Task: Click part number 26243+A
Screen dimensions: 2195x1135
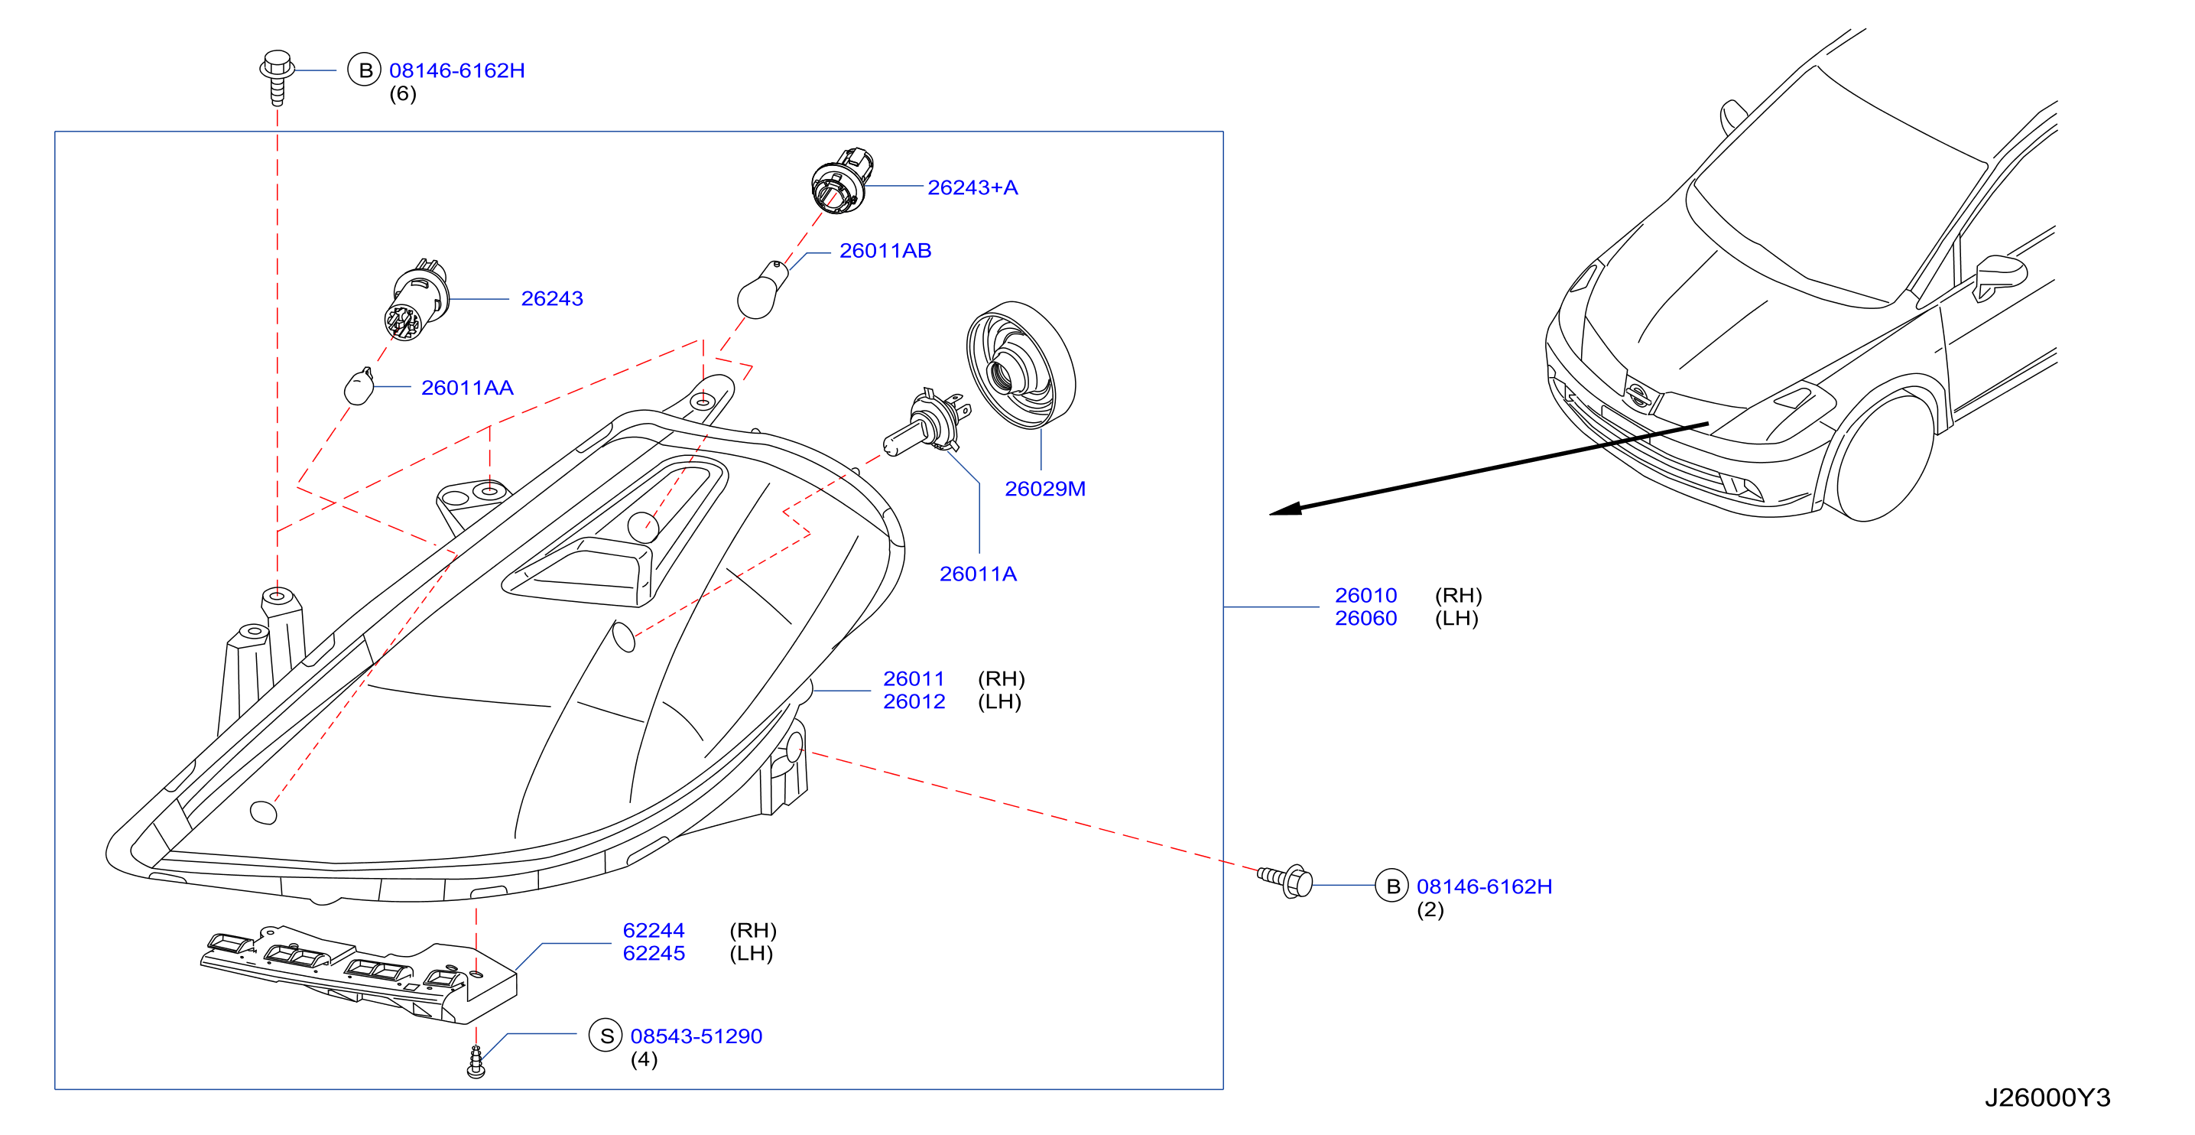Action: (972, 187)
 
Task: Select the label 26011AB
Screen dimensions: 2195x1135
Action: (885, 251)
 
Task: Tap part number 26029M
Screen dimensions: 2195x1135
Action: (1044, 488)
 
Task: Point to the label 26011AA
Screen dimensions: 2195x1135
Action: (467, 388)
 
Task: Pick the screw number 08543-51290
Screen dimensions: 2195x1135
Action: (696, 1036)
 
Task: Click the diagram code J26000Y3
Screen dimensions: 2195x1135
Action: (2047, 1097)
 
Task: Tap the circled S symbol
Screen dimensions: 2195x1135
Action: (606, 1036)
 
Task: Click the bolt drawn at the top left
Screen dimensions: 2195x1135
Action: (277, 76)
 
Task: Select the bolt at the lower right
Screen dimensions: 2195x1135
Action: (1286, 880)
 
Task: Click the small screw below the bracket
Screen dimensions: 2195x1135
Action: (476, 1062)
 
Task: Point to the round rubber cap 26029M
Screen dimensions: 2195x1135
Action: (1020, 365)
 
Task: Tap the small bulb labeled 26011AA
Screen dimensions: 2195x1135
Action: (359, 387)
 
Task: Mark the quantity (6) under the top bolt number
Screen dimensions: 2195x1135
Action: (403, 94)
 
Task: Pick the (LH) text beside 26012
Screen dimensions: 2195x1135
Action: (998, 701)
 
